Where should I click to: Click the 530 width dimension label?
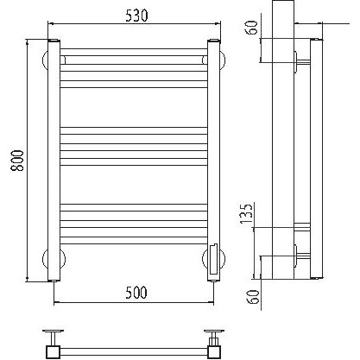pos(136,16)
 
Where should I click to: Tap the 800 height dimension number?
pos(18,161)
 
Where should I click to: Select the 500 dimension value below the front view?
pos(136,293)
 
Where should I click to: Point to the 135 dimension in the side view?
pos(246,213)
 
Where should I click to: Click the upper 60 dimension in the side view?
pos(252,28)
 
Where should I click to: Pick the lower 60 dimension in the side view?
pos(253,297)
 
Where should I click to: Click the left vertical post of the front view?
pos(54,160)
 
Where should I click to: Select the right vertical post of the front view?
pos(213,160)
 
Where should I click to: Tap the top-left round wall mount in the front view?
pos(45,60)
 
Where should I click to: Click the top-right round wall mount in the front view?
pos(223,60)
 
